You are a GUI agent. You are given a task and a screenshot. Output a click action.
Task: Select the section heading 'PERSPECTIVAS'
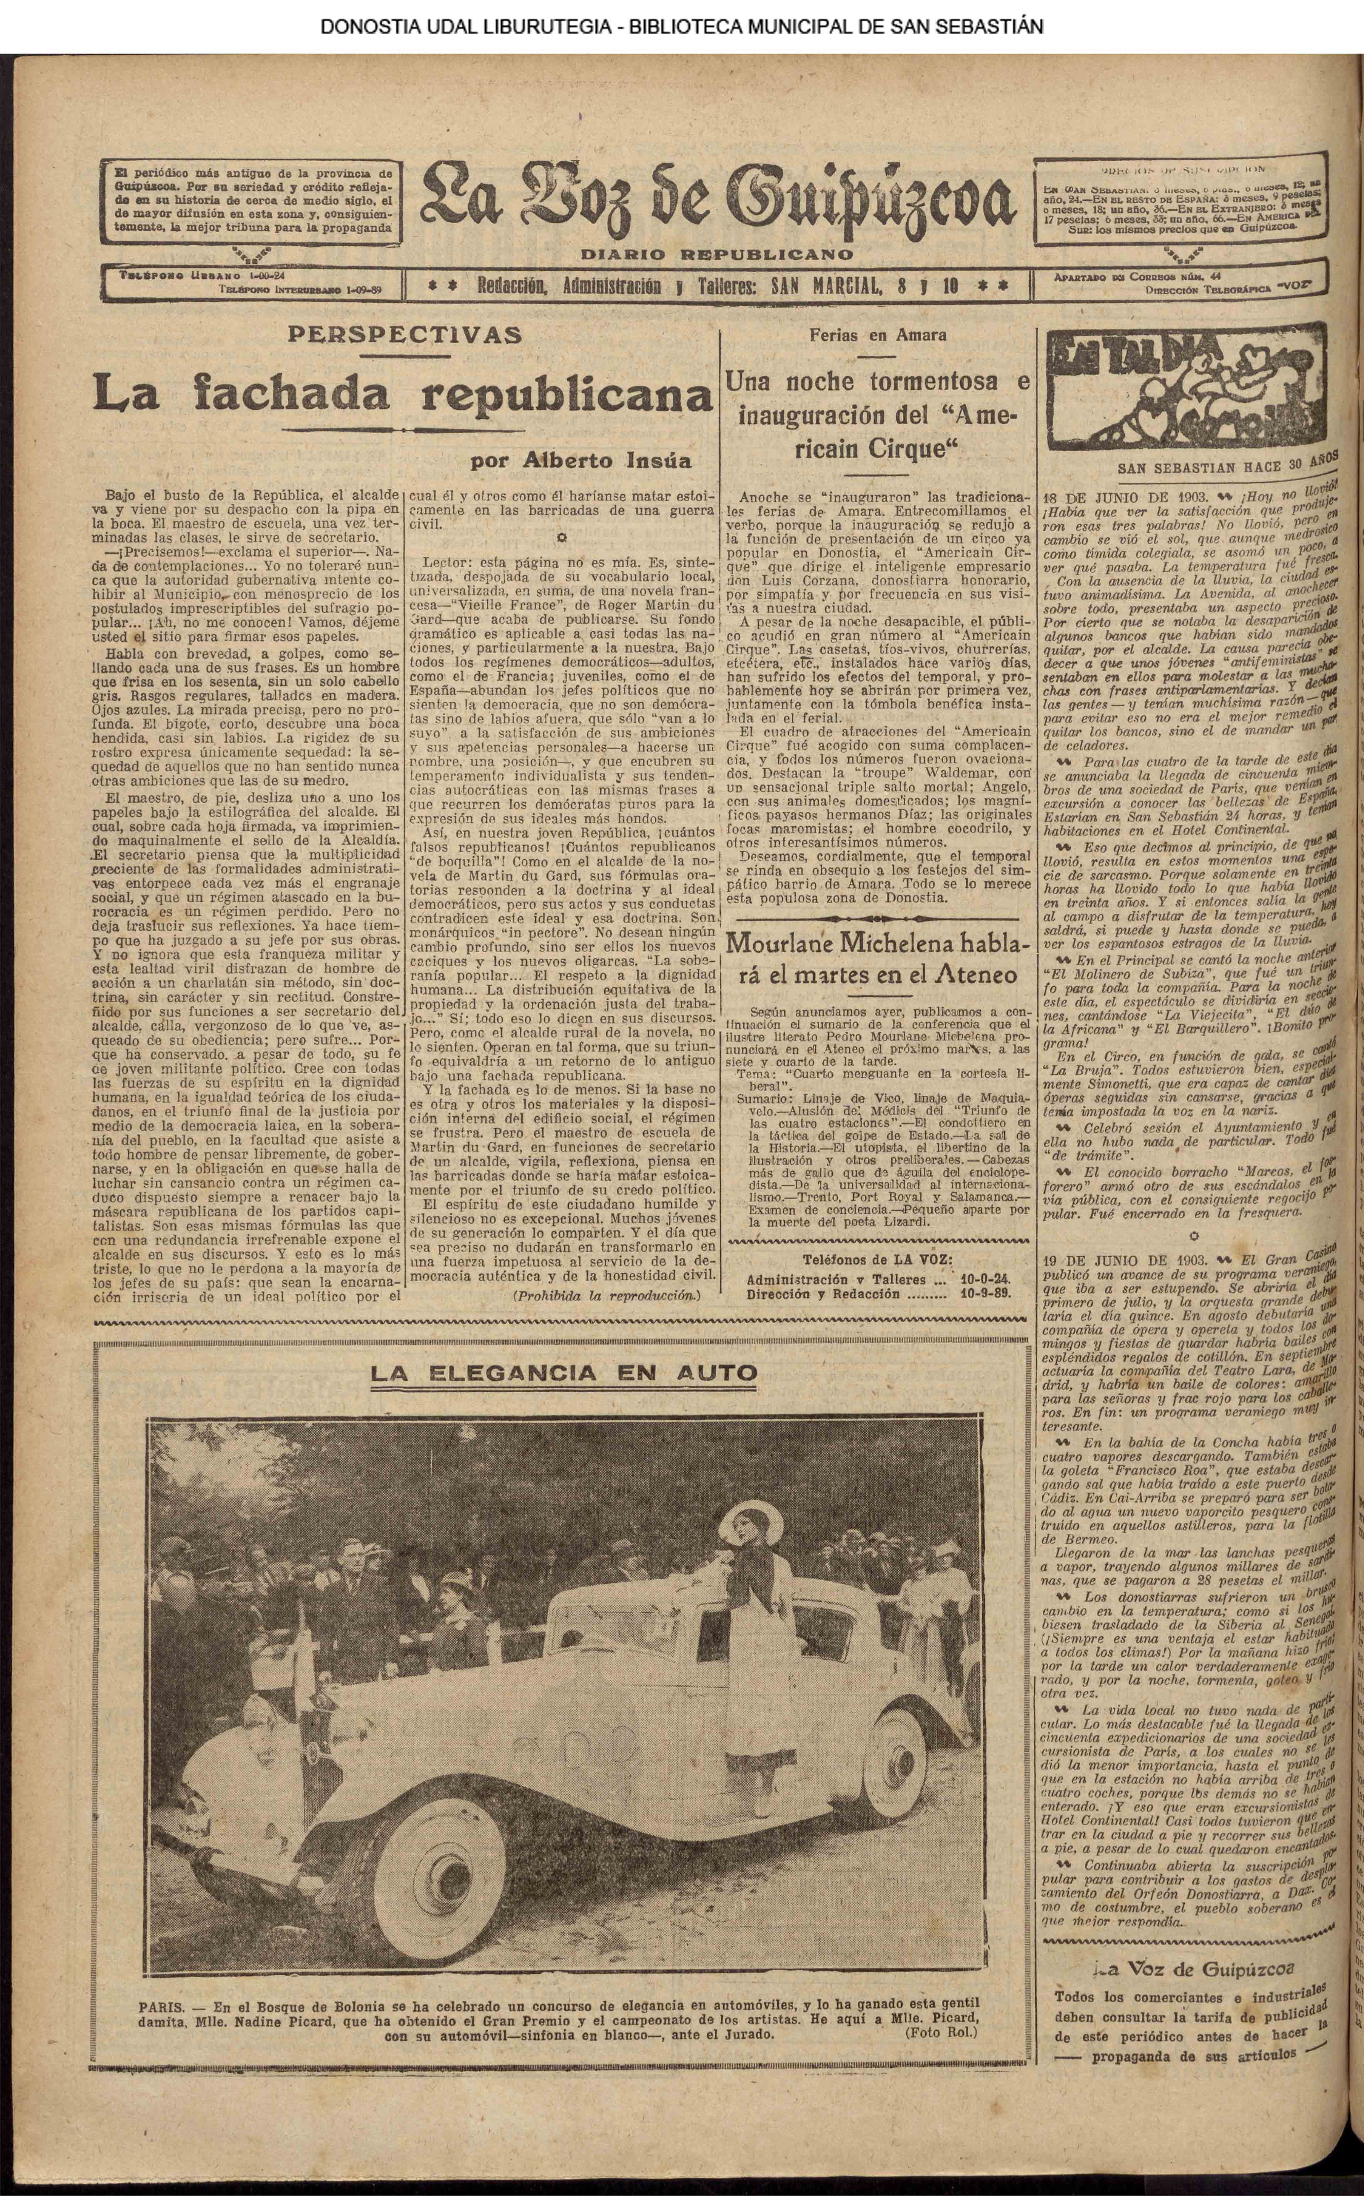[x=403, y=335]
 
